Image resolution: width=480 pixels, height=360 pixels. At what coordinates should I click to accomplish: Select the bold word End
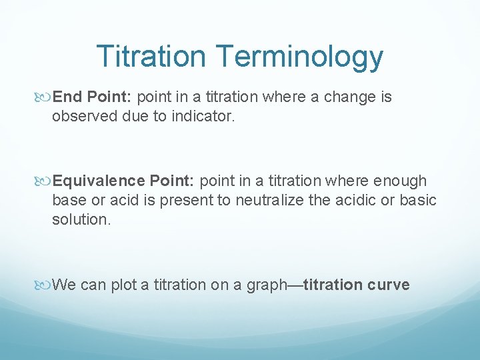click(x=66, y=97)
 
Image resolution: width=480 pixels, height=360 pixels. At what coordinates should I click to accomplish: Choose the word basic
click(x=418, y=200)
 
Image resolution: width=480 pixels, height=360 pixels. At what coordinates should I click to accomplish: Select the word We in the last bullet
click(x=64, y=285)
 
